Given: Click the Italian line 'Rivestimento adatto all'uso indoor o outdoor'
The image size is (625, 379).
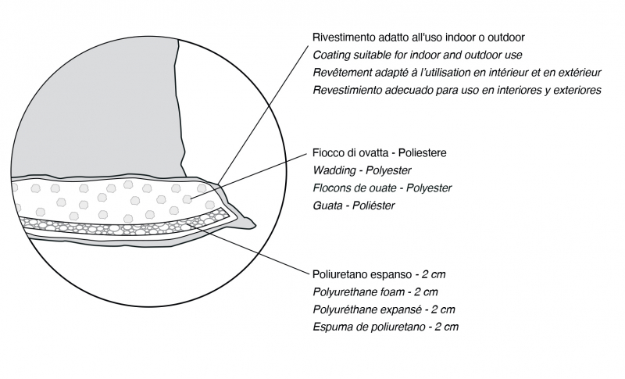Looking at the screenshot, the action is click(419, 37).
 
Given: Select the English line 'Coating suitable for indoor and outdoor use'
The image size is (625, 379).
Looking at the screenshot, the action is click(417, 55).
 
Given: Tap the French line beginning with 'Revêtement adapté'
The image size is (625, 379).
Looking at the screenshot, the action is click(457, 73).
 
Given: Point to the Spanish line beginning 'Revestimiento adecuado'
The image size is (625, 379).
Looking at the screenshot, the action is click(457, 90).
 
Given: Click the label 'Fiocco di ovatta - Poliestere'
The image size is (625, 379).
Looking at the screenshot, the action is click(380, 152).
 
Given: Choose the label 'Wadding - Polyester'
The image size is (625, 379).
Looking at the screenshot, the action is click(362, 170).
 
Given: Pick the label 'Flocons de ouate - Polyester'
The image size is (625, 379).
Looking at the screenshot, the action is click(382, 188).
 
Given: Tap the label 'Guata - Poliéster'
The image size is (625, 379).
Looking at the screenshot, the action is click(354, 206).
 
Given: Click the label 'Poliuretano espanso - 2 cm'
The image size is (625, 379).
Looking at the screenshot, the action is click(379, 274).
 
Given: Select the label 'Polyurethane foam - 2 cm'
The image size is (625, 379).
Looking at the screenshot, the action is click(375, 292).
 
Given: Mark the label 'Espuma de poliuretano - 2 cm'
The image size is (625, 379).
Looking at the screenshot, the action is click(385, 327).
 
